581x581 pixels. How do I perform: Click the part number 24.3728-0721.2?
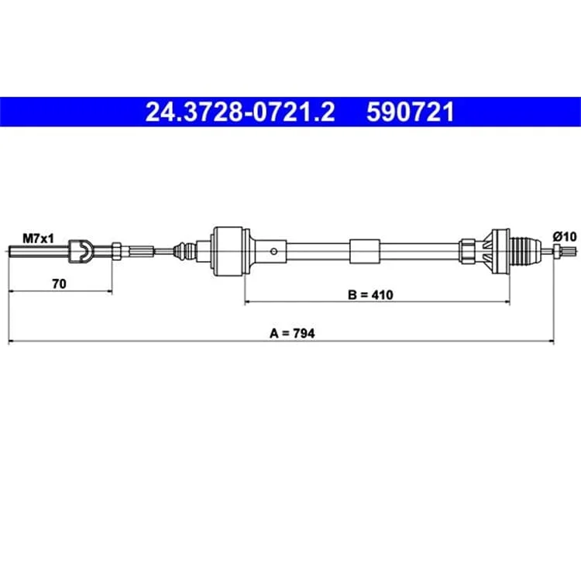240,112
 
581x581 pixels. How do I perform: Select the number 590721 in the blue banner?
410,112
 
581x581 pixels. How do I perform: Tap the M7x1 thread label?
38,239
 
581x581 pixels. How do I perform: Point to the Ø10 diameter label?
565,236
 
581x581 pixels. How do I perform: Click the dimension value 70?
60,284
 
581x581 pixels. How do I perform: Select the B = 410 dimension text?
370,295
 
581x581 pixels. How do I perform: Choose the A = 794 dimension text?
292,333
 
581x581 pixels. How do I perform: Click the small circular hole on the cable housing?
273,252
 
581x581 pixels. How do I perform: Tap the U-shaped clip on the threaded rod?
81,252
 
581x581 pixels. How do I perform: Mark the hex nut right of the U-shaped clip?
116,251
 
